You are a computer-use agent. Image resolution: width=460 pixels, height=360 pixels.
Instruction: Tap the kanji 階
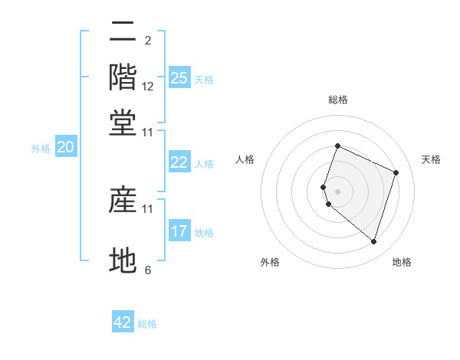pyautogui.click(x=123, y=77)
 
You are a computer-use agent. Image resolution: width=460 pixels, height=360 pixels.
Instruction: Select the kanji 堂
pyautogui.click(x=123, y=123)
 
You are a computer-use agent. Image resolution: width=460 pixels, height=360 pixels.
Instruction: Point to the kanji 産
pyautogui.click(x=123, y=200)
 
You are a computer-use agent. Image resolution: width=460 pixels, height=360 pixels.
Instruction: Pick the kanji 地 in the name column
pyautogui.click(x=123, y=260)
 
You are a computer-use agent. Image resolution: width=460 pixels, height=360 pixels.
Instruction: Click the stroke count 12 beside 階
pyautogui.click(x=148, y=87)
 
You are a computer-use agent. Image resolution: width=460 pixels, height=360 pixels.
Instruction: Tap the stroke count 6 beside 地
pyautogui.click(x=148, y=270)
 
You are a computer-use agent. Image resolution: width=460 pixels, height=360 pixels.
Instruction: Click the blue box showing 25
pyautogui.click(x=179, y=77)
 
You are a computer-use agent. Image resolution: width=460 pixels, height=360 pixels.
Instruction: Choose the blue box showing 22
pyautogui.click(x=179, y=162)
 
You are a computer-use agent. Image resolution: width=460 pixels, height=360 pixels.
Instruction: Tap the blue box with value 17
pyautogui.click(x=179, y=231)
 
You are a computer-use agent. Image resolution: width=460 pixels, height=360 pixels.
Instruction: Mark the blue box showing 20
pyautogui.click(x=65, y=148)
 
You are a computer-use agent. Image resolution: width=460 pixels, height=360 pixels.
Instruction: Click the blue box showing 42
pyautogui.click(x=123, y=322)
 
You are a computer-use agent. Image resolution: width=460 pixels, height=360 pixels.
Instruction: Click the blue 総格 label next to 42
pyautogui.click(x=148, y=324)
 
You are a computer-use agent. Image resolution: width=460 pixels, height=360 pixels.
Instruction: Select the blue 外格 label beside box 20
pyautogui.click(x=41, y=149)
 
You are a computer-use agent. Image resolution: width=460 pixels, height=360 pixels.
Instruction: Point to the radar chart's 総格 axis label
pyautogui.click(x=338, y=100)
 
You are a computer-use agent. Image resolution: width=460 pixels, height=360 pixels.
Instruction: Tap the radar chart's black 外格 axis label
pyautogui.click(x=270, y=262)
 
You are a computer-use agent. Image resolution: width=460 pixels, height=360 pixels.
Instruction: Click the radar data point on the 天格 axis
pyautogui.click(x=396, y=172)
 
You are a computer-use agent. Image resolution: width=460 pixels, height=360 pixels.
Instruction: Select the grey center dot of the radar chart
pyautogui.click(x=338, y=191)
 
